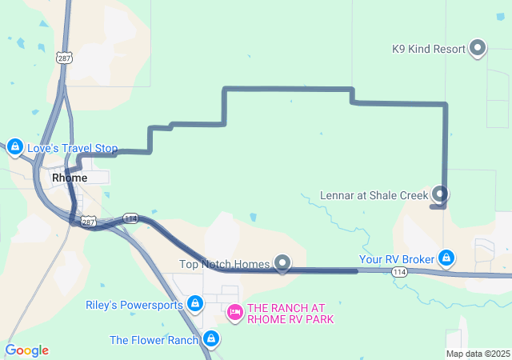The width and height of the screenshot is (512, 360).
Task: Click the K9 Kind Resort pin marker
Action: pyautogui.click(x=478, y=48)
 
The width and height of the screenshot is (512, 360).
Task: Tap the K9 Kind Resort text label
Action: pyautogui.click(x=429, y=49)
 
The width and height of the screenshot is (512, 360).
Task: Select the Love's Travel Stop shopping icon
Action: pyautogui.click(x=14, y=147)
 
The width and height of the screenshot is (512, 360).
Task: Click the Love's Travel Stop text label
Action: pyautogui.click(x=72, y=149)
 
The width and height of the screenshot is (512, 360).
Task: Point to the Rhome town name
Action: pyautogui.click(x=69, y=178)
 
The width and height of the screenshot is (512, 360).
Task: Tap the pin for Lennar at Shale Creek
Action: pyautogui.click(x=440, y=194)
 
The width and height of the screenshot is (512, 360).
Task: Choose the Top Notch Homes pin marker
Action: pyautogui.click(x=282, y=262)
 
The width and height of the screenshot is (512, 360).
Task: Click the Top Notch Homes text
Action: pyautogui.click(x=225, y=264)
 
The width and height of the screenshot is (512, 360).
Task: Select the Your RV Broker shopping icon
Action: pyautogui.click(x=446, y=258)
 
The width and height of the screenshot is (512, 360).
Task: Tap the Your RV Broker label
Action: pyautogui.click(x=396, y=259)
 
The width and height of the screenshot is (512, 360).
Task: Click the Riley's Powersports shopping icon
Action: pyautogui.click(x=194, y=304)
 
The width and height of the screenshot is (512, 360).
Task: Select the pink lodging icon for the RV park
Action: pyautogui.click(x=235, y=312)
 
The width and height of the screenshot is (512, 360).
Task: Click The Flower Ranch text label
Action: pyautogui.click(x=154, y=340)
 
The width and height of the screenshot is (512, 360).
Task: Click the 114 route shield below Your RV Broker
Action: pyautogui.click(x=398, y=274)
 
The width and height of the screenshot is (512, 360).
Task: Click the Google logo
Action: pyautogui.click(x=26, y=350)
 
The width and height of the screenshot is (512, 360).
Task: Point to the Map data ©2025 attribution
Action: pyautogui.click(x=478, y=354)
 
